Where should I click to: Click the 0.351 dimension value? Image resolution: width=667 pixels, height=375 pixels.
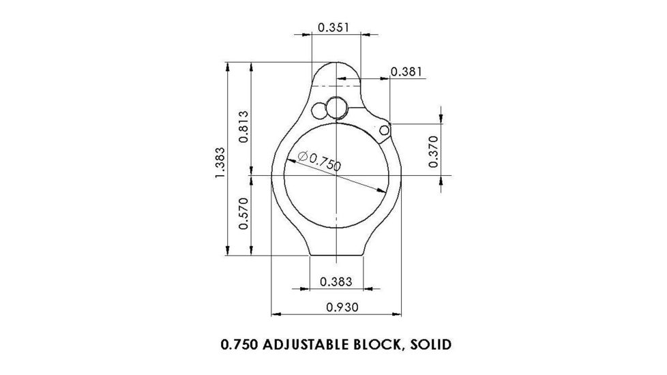(334, 28)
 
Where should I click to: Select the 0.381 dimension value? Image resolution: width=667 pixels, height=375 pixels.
(406, 72)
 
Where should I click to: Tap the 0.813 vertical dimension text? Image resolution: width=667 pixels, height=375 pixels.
(243, 126)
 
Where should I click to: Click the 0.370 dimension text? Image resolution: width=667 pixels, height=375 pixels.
(432, 151)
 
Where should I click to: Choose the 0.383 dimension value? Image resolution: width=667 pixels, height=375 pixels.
(336, 281)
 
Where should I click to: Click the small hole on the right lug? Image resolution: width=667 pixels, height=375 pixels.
(385, 130)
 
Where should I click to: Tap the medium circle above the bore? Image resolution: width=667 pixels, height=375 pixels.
(337, 108)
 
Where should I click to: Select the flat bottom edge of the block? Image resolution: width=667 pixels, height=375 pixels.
(337, 256)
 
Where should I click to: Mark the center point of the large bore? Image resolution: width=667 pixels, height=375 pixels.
(338, 175)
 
